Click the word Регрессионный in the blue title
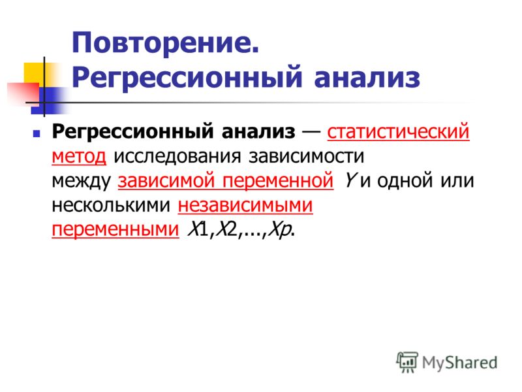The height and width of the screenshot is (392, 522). coord(187,78)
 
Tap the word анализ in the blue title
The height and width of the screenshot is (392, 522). coord(367,78)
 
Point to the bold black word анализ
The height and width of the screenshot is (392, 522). coord(258,131)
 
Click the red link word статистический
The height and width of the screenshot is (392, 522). coord(398,131)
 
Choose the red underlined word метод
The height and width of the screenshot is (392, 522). coord(79,156)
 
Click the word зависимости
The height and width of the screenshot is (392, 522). coord(306,156)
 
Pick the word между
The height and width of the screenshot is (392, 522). coord(81,181)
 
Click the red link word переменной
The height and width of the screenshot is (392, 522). coord(278,181)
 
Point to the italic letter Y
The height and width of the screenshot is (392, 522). coord(350,180)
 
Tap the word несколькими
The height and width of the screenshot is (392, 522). coord(111,205)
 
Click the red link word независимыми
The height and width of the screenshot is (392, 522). coord(245,205)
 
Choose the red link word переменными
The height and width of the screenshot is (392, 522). coord(115,230)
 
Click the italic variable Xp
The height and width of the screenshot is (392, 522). coord(280,230)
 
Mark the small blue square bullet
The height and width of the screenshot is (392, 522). coord(37,134)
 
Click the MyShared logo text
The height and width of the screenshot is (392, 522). coord(459,363)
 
